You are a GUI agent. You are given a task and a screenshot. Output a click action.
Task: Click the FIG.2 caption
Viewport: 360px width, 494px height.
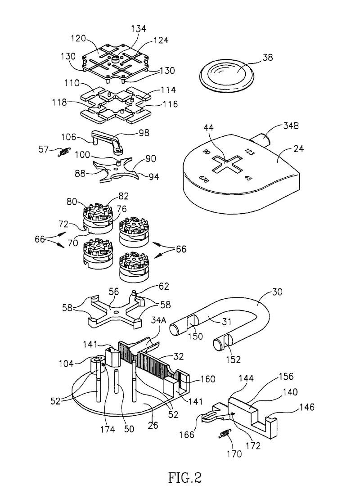tap(185, 477)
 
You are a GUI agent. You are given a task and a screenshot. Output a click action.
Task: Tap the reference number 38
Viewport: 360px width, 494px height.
tap(267, 57)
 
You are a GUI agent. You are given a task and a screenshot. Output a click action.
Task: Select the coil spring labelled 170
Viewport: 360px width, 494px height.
tap(225, 434)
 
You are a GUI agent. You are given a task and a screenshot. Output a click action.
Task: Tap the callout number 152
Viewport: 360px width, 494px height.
tap(234, 359)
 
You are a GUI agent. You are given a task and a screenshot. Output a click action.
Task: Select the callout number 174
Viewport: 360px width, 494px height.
tap(108, 429)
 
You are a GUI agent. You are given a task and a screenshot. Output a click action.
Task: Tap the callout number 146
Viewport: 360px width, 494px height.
tap(307, 407)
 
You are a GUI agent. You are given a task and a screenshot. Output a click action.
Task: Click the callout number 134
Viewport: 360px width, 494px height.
tap(139, 29)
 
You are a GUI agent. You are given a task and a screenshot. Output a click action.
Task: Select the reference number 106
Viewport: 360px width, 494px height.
tap(69, 137)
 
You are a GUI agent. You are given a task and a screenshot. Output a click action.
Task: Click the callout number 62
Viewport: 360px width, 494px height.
tap(163, 286)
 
